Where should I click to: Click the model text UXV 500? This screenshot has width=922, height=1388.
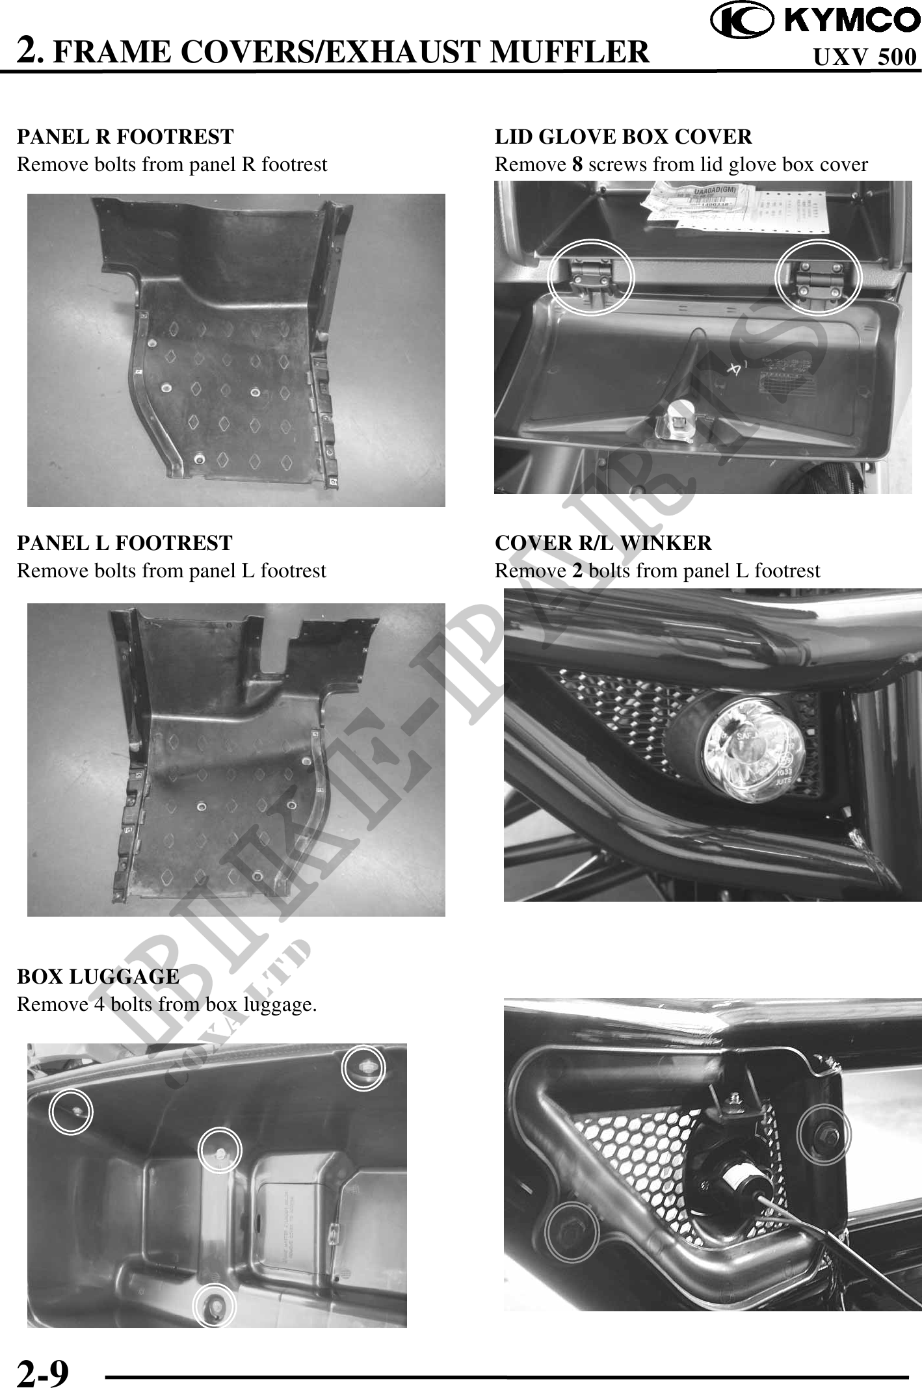click(865, 57)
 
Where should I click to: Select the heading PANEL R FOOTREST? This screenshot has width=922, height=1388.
click(125, 137)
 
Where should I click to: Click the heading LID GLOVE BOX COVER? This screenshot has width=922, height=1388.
click(623, 137)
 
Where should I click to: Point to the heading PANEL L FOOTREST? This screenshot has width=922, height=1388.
click(124, 542)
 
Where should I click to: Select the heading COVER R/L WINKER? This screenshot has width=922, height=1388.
click(603, 542)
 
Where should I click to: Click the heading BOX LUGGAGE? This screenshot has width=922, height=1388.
click(98, 976)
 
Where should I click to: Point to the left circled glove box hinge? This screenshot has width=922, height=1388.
click(590, 276)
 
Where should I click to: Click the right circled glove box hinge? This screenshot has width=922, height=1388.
click(819, 276)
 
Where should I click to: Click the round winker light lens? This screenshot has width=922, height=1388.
click(755, 750)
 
